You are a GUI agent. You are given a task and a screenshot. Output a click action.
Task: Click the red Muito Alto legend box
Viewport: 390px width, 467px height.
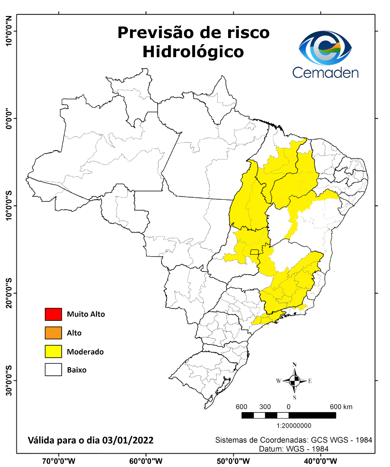tap(53, 314)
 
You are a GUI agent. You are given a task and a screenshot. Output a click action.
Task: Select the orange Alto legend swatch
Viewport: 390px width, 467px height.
tap(53, 333)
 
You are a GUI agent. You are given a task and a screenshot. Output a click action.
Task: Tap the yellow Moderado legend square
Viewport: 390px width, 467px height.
tap(53, 352)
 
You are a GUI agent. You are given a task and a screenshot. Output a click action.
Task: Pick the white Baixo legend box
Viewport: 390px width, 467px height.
tap(53, 370)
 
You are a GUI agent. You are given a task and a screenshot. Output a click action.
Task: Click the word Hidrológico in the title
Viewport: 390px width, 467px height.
tap(193, 51)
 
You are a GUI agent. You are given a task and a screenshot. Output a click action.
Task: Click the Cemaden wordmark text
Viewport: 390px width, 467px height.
tap(325, 72)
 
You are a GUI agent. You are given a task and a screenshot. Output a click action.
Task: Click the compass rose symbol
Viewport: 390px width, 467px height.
tap(294, 381)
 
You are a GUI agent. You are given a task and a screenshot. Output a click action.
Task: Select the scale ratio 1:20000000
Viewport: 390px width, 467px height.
tap(294, 425)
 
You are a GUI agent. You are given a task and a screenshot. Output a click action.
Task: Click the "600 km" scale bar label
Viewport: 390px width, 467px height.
tap(341, 407)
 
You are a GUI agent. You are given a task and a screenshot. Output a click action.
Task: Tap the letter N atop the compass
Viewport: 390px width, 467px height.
tap(294, 365)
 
